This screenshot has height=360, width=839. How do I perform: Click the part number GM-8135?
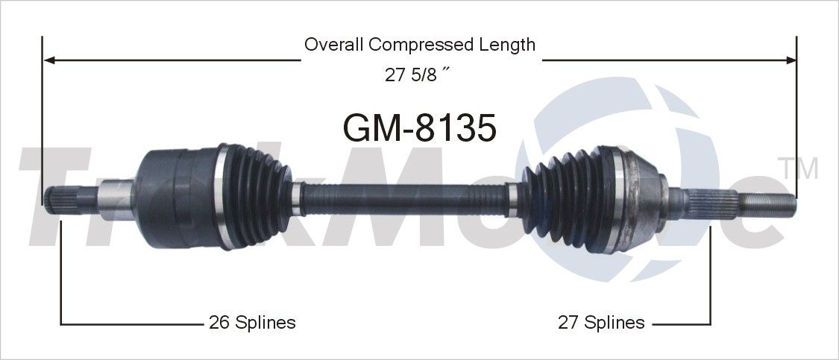pos(419,128)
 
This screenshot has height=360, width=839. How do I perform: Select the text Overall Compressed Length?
pos(419,45)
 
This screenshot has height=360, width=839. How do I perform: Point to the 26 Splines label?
pos(251,323)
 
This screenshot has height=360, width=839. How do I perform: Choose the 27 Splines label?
pos(601,323)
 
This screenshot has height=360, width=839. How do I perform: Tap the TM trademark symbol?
pos(797,169)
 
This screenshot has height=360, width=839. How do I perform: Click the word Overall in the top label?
pos(333,45)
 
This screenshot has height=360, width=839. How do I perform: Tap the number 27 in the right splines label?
pos(568,323)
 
